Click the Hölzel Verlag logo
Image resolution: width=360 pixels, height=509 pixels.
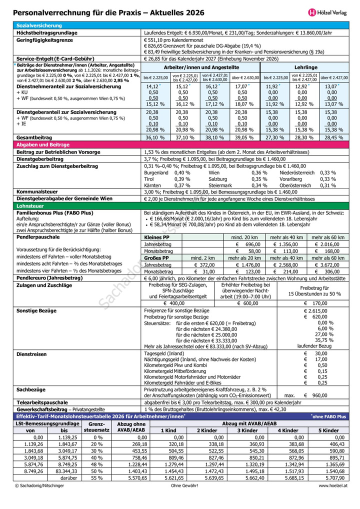click(x=326, y=11)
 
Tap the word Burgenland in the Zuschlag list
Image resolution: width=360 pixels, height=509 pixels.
click(x=156, y=172)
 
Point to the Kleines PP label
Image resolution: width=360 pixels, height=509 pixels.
click(x=156, y=237)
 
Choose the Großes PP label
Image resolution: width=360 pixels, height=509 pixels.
click(x=156, y=258)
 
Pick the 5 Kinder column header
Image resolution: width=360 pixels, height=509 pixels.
click(x=328, y=430)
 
